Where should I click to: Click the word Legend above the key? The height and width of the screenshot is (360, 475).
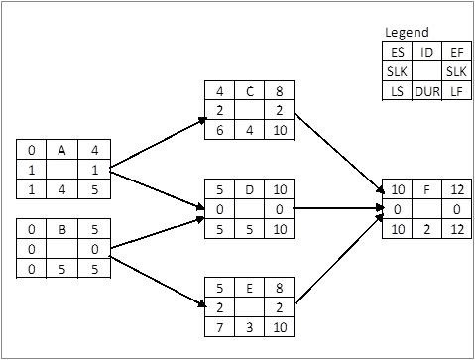407,33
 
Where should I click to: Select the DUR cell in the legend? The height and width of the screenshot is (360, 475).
428,91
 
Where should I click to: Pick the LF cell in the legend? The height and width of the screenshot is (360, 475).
455,91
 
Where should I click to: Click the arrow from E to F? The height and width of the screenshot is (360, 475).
337,263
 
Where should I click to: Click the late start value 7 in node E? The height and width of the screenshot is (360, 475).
219,326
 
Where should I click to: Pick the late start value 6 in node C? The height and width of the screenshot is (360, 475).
219,129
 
